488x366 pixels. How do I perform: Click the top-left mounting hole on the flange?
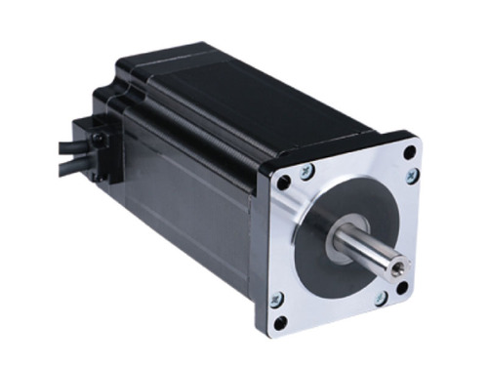[284, 183]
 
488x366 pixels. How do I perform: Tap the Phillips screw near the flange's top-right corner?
[412, 176]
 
